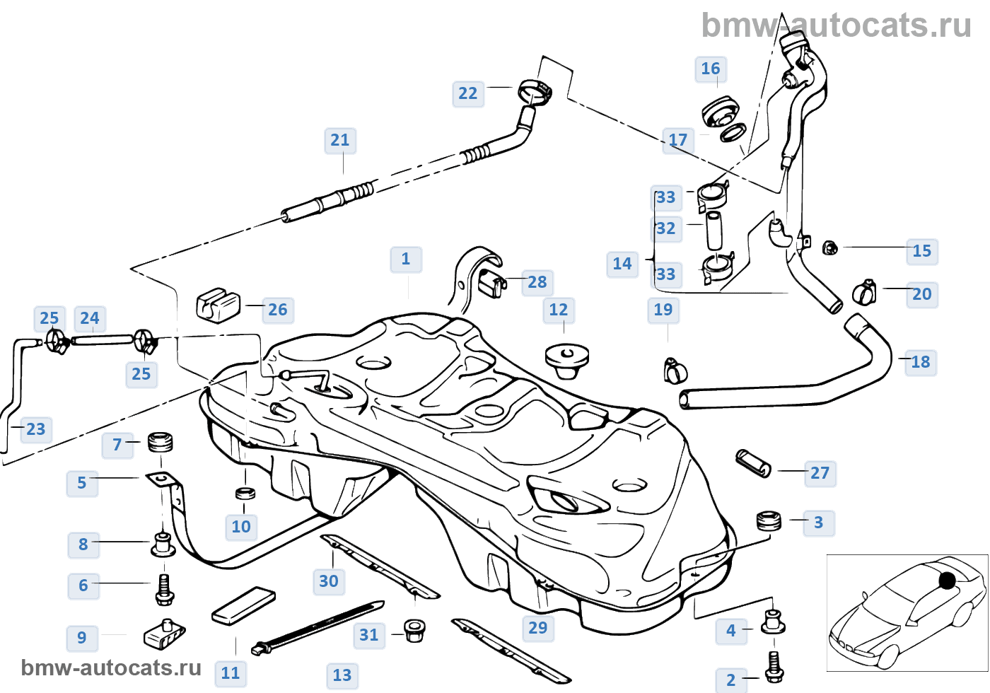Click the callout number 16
pos(710,69)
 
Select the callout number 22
pos(468,93)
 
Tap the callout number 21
pos(340,140)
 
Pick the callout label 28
pos(537,282)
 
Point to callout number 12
pos(559,310)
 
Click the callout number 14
pos(622,264)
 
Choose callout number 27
pos(820,473)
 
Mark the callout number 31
pos(369,635)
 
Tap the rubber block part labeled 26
pos(218,305)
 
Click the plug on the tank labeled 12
pos(567,359)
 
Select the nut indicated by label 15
pos(830,248)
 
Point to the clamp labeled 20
pos(864,291)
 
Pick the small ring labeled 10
pos(245,492)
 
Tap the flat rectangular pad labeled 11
pos(243,605)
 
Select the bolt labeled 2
pos(774,666)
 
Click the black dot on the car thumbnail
pos(947,581)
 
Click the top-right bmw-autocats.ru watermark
pos(836,26)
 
